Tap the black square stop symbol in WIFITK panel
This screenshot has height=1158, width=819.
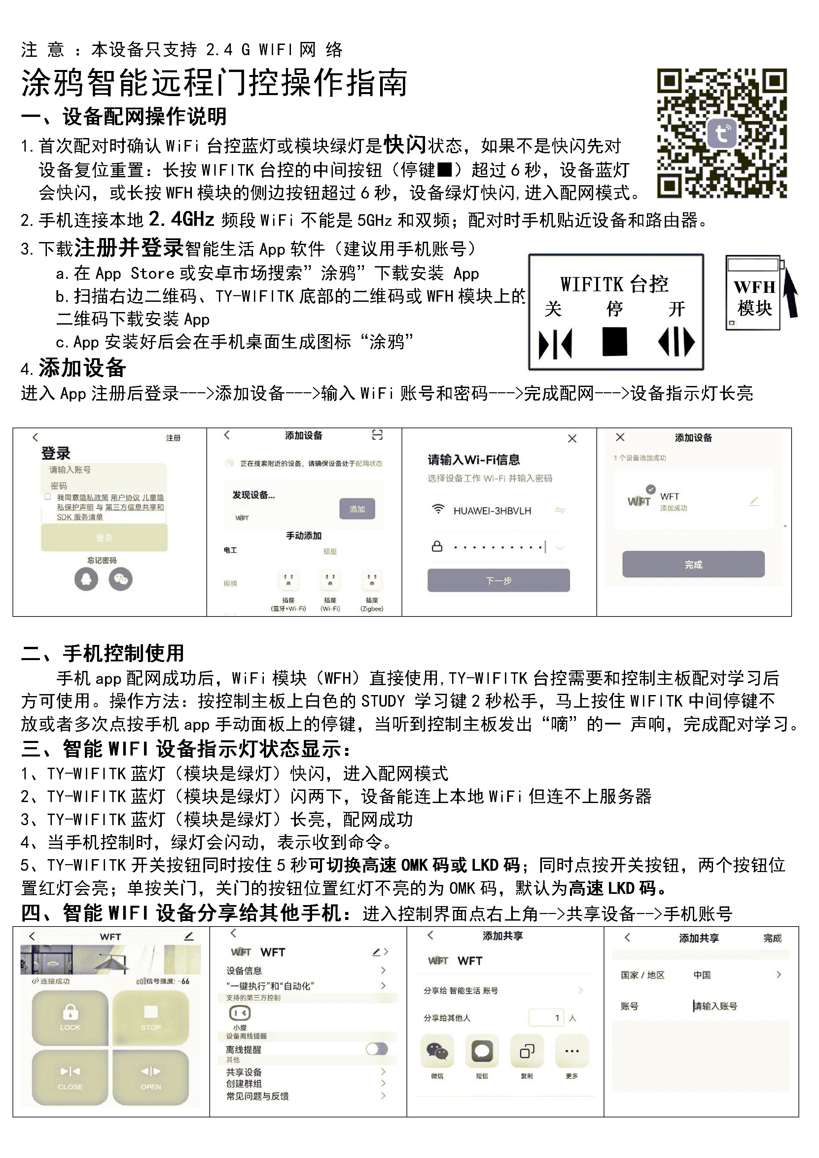(x=615, y=341)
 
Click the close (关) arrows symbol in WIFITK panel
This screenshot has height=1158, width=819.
(x=555, y=343)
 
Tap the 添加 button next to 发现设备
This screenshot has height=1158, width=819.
(x=357, y=509)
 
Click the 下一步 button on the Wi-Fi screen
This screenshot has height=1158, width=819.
(x=498, y=580)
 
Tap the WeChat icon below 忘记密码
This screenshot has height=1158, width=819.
(x=121, y=579)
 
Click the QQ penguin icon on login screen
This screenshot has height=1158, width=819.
(x=86, y=579)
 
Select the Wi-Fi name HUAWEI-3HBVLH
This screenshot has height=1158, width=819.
(x=492, y=511)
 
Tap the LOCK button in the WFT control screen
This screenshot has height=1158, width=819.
(x=70, y=1017)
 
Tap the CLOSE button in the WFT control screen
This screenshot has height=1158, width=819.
(x=70, y=1077)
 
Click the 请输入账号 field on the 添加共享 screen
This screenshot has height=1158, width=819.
(x=716, y=1006)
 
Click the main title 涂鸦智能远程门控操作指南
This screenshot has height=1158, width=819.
(x=214, y=83)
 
